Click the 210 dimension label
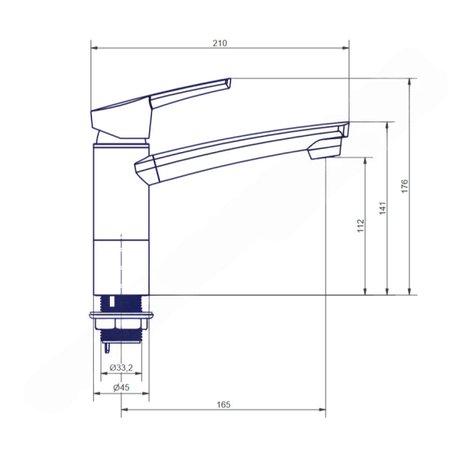[x=220, y=43]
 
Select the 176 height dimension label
[x=405, y=186]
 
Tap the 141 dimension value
[x=383, y=208]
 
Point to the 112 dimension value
[x=361, y=226]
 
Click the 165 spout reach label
[x=224, y=405]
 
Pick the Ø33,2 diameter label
[x=121, y=367]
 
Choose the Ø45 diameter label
[x=121, y=387]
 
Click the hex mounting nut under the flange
[x=121, y=323]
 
